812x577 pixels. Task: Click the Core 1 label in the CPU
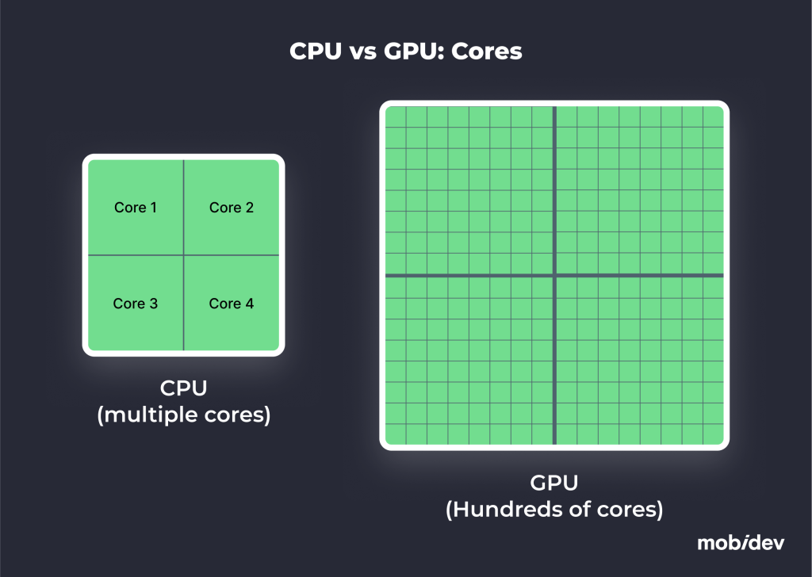(136, 208)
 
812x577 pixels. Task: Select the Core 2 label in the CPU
(232, 208)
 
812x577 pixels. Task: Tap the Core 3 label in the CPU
(136, 304)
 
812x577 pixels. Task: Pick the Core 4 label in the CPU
(232, 304)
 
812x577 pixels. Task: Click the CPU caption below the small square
(183, 388)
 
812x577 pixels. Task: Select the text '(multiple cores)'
(183, 415)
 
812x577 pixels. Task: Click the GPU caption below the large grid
(553, 483)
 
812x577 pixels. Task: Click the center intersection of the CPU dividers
(183, 255)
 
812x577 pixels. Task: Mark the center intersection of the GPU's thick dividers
(554, 275)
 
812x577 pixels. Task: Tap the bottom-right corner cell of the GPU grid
(713, 434)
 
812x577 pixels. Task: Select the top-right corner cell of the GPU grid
(713, 117)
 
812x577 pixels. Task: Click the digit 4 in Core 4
(249, 304)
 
